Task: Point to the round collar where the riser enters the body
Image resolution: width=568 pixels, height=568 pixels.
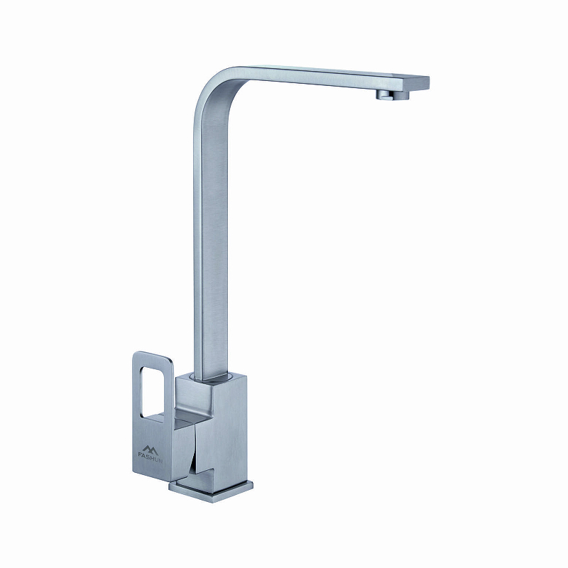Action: point(211,377)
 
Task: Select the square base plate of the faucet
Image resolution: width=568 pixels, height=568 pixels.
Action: point(211,491)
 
